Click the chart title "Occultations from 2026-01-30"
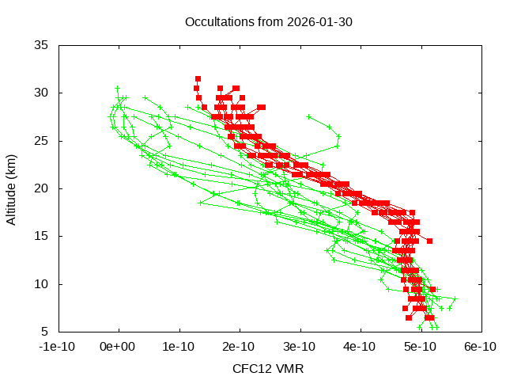(x=268, y=21)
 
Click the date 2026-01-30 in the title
(x=321, y=21)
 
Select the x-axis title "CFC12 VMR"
(x=268, y=368)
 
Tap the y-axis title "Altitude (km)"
(x=11, y=188)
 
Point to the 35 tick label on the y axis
(x=42, y=45)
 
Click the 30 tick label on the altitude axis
(x=42, y=93)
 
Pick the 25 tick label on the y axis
(x=42, y=141)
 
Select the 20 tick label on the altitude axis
(x=42, y=188)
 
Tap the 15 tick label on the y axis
(x=42, y=236)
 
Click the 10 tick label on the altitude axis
(x=42, y=284)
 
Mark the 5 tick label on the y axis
(x=45, y=332)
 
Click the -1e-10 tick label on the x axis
(x=59, y=346)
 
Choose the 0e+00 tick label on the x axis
(x=119, y=346)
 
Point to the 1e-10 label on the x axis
(x=179, y=346)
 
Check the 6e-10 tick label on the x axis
(x=480, y=346)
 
